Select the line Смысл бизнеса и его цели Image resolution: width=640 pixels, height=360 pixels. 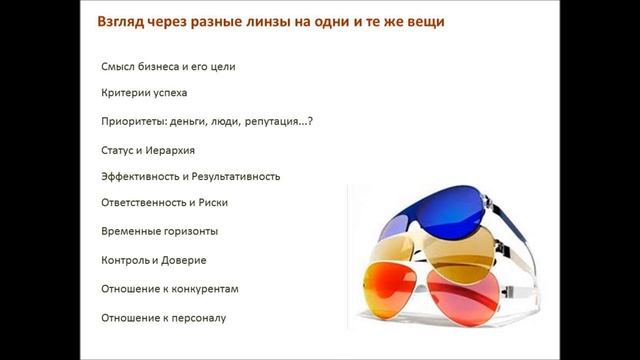coord(168,67)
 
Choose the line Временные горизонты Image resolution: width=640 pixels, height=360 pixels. coord(159,231)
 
